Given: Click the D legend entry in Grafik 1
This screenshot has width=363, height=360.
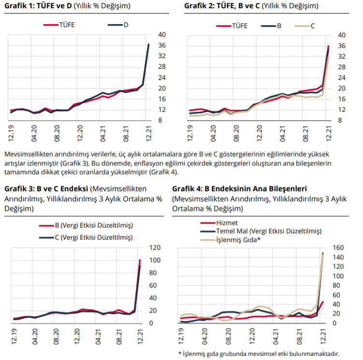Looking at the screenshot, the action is pos(118,25).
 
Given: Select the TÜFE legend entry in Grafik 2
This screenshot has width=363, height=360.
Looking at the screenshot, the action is pos(232,26).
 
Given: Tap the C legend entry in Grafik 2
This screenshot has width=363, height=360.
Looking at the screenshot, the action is pos(305,26).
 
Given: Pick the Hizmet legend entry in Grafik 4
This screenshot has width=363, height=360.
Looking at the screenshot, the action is pos(219,223).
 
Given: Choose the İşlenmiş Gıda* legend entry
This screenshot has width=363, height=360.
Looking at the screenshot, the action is pos(231,240).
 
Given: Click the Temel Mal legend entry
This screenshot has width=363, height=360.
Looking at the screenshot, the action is pos(261,231).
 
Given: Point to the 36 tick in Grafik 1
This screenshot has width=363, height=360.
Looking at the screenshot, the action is pos(162,45).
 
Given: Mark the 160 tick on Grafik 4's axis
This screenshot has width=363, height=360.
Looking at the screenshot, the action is pos(338,248).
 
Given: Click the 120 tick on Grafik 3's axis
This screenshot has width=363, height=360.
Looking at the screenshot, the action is pos(155,248).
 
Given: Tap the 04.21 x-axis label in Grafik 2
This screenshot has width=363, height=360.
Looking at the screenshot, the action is pos(282,134).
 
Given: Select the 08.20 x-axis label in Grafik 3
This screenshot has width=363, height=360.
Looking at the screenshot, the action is pos(56,336).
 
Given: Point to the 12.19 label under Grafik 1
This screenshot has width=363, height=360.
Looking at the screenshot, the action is pos(11,133).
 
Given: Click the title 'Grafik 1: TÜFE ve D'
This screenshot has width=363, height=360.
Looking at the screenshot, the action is pos(38,6).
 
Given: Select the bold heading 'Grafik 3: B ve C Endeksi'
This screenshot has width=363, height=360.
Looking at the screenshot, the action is pos(46,189).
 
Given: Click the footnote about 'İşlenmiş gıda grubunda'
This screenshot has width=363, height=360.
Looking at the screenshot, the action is pos(259,354).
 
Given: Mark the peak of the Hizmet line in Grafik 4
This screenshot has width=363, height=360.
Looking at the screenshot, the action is pos(323,302).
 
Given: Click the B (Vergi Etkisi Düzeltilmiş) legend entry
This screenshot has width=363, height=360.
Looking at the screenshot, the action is pos(86,225).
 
